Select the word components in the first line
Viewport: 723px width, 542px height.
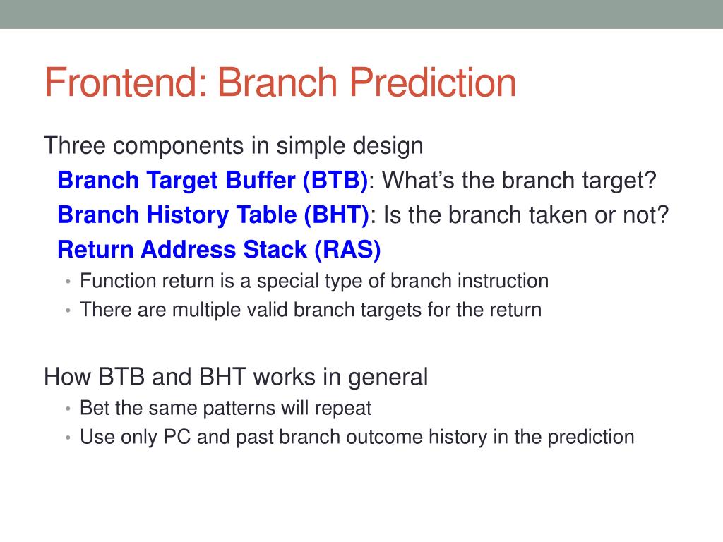tap(179, 147)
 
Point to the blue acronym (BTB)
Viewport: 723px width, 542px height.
tap(335, 180)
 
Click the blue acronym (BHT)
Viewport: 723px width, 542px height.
tap(336, 215)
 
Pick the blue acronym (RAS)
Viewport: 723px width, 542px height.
tap(347, 249)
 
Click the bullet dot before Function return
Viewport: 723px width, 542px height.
tap(68, 281)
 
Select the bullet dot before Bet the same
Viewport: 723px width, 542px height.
tap(68, 409)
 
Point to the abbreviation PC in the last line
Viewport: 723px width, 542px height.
tap(177, 437)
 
